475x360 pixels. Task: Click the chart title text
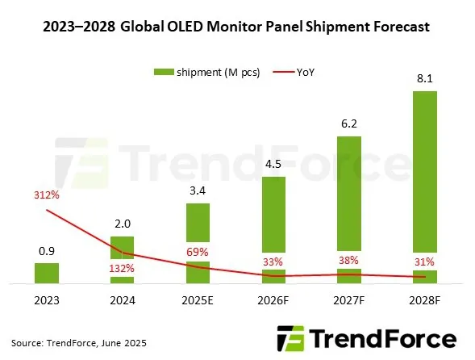pos(236,27)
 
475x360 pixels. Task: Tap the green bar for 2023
pos(47,273)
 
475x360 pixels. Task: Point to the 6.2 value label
pos(349,124)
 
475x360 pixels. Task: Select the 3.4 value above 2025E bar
pos(198,191)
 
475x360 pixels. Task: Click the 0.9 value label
pos(47,251)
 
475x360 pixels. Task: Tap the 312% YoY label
pos(47,195)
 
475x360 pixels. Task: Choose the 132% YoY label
pos(123,269)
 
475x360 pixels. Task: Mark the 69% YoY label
pos(198,253)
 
